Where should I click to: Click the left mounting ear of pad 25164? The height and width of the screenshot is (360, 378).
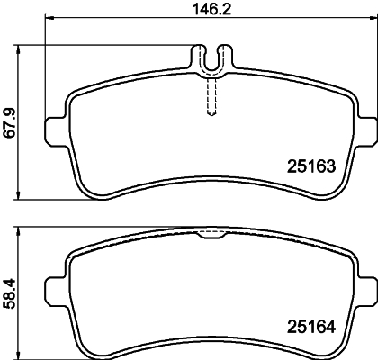[58, 268]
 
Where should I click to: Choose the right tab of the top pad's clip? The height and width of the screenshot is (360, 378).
[226, 58]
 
